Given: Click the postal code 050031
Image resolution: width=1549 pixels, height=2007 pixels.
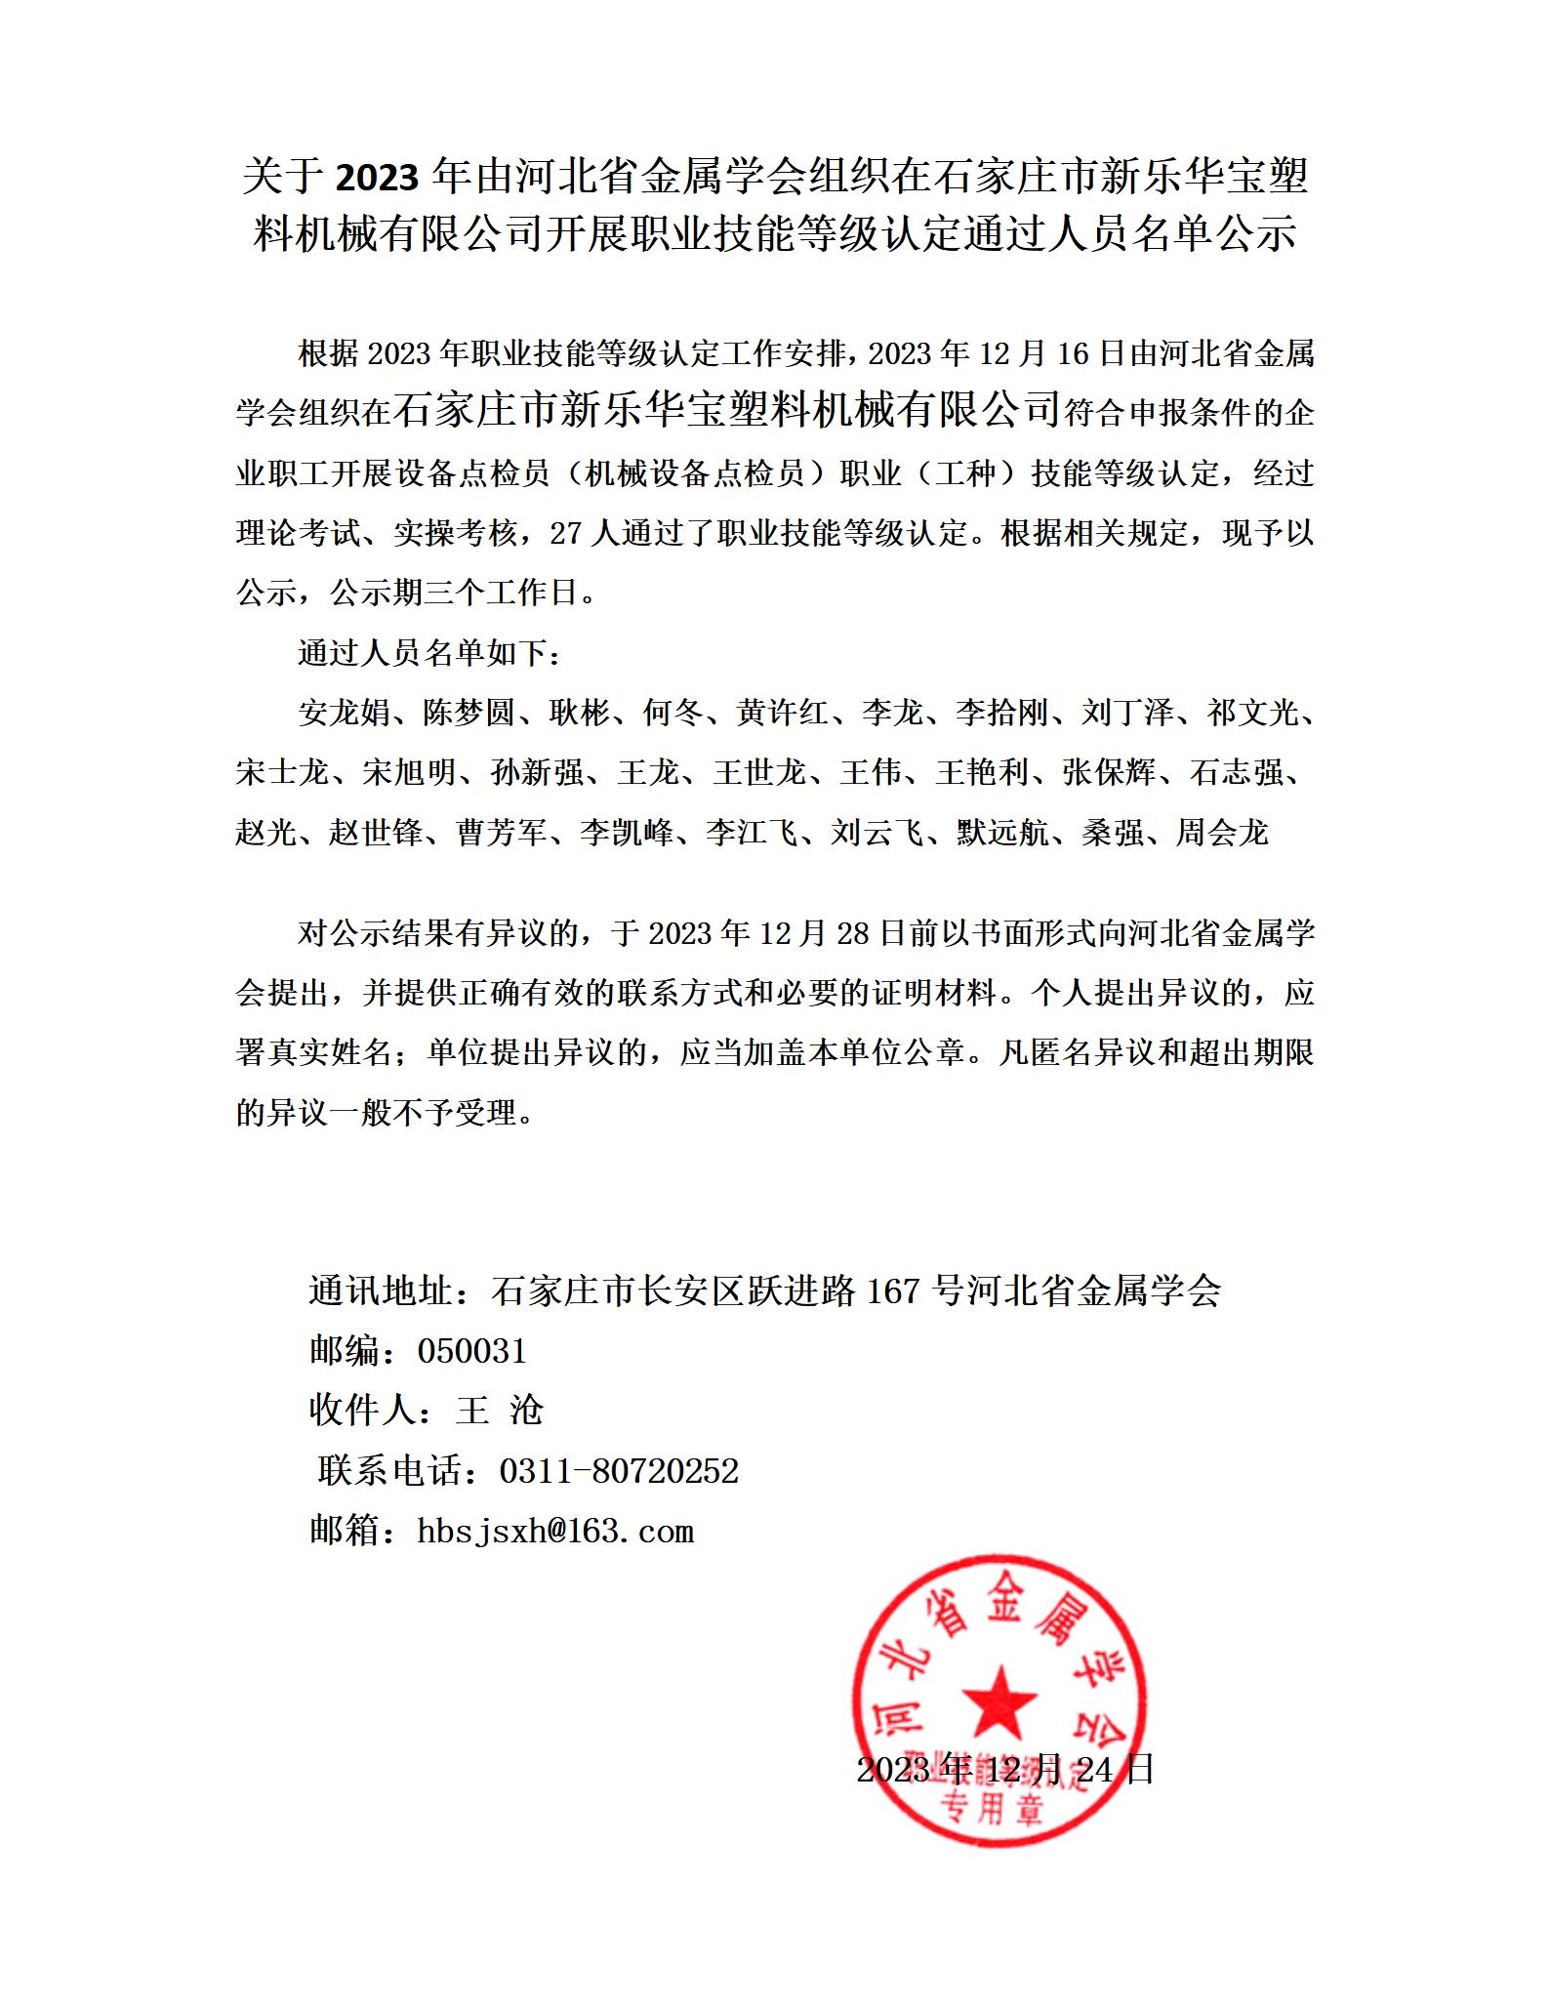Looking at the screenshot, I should pos(471,1351).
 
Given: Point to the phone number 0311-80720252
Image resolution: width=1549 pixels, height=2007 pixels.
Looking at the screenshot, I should pos(619,1470).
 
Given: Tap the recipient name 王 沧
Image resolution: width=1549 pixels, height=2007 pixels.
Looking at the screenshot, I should pos(499,1411).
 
